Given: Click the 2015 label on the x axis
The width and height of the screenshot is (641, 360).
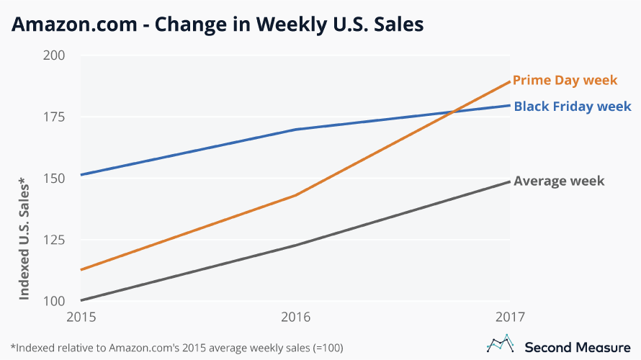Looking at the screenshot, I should point(80,317).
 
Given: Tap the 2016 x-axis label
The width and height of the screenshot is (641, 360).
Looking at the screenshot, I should point(295,317).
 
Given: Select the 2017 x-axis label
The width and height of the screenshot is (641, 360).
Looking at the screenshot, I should point(510,317).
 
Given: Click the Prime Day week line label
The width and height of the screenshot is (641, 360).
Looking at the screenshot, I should point(565,80).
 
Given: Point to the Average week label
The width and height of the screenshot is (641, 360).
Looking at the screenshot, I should point(558,181).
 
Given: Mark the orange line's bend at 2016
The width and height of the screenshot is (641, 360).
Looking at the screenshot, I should point(295,194).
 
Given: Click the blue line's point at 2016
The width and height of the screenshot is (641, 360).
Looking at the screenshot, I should point(295,130).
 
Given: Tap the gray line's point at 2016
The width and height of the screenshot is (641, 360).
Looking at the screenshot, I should point(295,246).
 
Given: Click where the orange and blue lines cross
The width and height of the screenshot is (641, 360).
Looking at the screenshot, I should point(452,112).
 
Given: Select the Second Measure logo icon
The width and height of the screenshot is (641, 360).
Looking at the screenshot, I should point(501,345).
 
